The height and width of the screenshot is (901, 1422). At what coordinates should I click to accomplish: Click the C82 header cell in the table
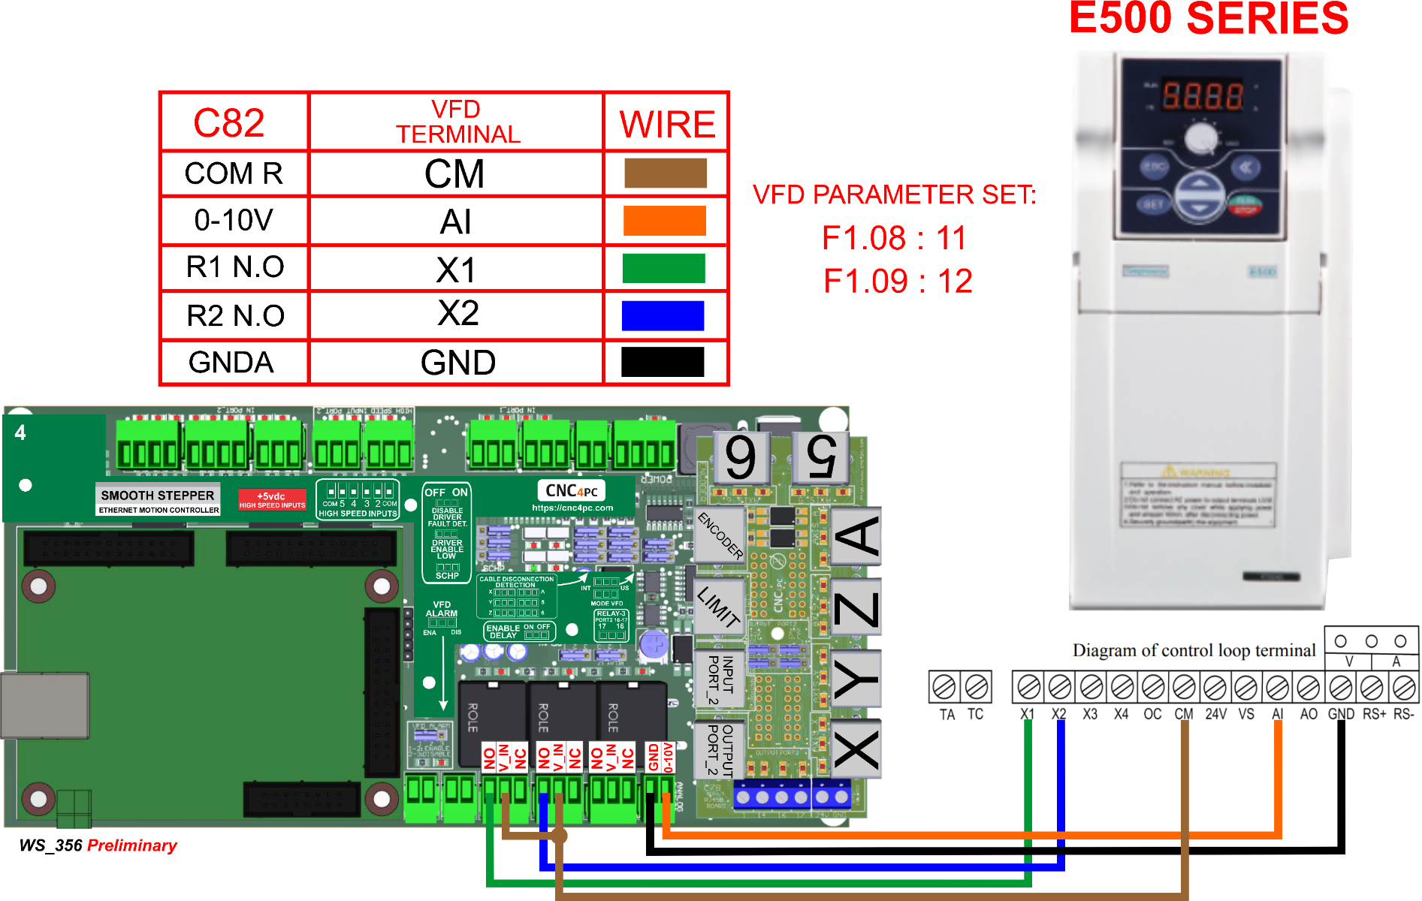(229, 123)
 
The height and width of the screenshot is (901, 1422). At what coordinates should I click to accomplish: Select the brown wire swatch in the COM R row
(665, 173)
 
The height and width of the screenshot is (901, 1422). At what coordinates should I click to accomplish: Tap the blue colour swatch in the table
(663, 315)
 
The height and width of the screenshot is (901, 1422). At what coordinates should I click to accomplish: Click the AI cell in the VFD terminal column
(456, 222)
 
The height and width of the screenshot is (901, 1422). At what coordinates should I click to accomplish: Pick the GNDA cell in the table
(231, 363)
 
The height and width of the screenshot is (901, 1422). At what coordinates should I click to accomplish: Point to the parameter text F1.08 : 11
(894, 238)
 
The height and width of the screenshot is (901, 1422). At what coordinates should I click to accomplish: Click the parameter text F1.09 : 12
(898, 282)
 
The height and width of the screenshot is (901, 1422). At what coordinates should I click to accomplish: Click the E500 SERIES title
(1208, 20)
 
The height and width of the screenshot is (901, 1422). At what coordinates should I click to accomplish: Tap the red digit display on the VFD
(1202, 96)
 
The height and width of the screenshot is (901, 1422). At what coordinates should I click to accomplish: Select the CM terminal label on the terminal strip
(1184, 714)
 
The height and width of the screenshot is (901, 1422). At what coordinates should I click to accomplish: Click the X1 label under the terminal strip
(1028, 714)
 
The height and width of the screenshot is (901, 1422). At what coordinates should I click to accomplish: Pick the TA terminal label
(946, 715)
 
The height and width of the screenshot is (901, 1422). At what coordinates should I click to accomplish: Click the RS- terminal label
(1403, 714)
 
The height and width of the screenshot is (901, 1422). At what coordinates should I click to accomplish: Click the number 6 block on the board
(741, 457)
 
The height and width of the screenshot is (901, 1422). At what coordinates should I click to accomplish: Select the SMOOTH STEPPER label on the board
(158, 496)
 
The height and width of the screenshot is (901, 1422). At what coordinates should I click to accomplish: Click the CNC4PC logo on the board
(572, 491)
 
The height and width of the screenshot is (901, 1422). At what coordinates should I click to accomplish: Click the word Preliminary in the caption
(132, 845)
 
